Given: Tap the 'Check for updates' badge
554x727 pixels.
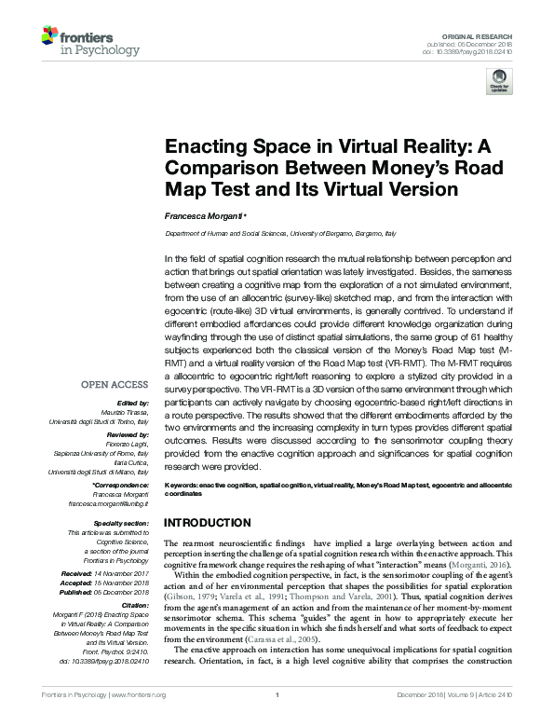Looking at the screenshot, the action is [x=501, y=80].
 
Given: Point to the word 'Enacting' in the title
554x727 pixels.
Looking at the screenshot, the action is [x=206, y=147].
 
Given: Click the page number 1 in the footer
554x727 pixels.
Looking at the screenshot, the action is [x=277, y=720].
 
